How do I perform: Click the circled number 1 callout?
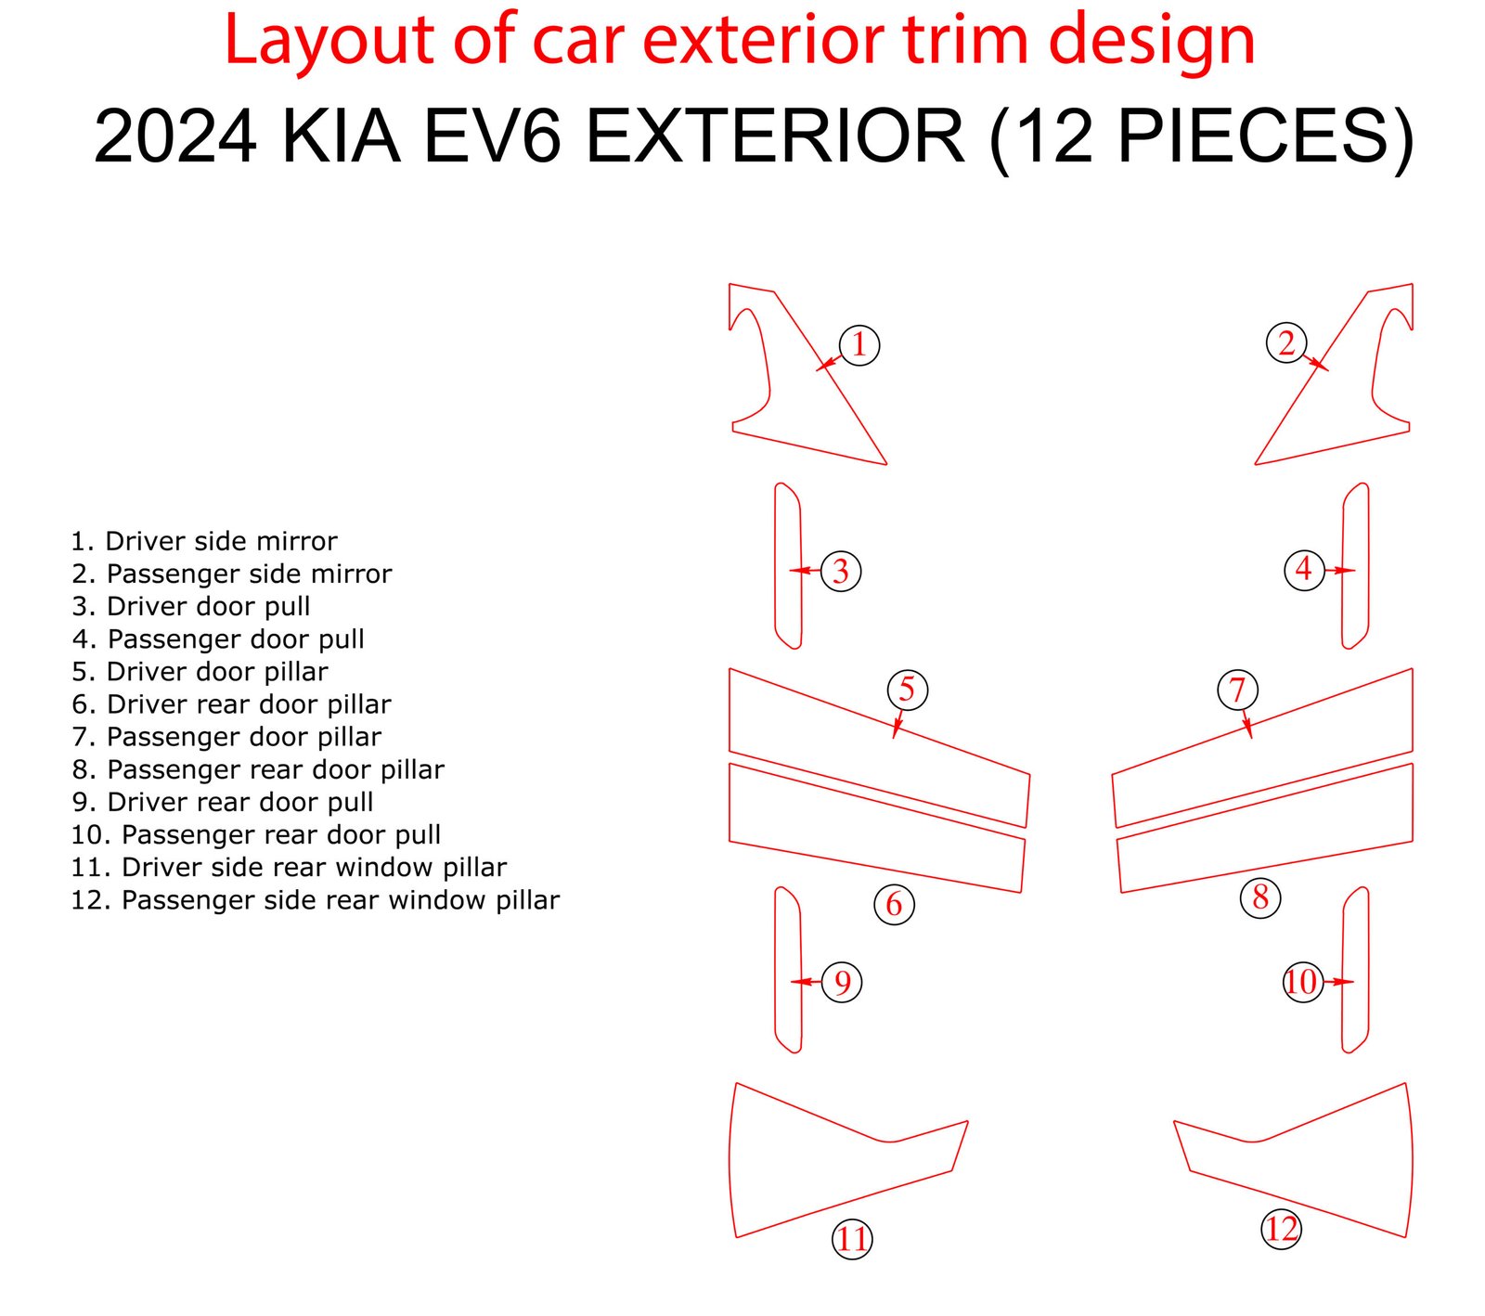(859, 344)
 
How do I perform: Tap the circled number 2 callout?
(1286, 342)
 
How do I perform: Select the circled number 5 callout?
(907, 689)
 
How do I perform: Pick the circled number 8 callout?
(1260, 897)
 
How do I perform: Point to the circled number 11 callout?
(852, 1239)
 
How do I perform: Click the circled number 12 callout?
(1281, 1229)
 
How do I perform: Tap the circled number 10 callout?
(1301, 981)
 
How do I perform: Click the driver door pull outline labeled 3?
(776, 566)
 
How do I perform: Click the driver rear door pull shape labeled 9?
(776, 970)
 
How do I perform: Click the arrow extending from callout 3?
(805, 570)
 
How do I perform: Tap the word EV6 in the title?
(493, 136)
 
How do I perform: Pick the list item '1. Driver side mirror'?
(204, 541)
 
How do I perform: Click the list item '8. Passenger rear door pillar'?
(258, 769)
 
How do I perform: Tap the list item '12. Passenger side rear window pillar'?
(316, 900)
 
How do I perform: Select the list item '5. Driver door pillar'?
(200, 672)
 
